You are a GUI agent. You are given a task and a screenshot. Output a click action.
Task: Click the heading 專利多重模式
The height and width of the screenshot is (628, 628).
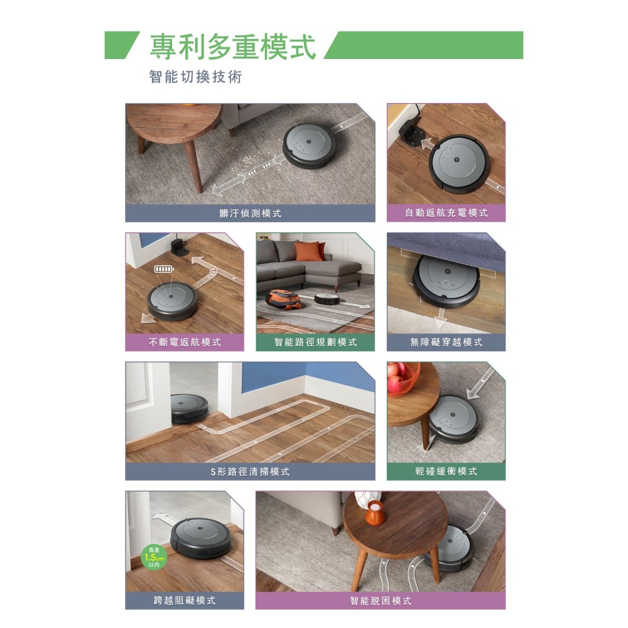pyautogui.click(x=233, y=46)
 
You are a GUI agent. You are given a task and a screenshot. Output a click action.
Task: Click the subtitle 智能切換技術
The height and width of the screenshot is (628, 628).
pyautogui.click(x=195, y=77)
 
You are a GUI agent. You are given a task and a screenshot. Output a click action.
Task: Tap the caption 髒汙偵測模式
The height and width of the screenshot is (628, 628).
pyautogui.click(x=251, y=213)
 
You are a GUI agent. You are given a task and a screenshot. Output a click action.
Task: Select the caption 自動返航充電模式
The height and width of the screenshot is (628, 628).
pyautogui.click(x=446, y=213)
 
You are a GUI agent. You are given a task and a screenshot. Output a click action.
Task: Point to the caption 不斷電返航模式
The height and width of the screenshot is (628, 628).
pyautogui.click(x=185, y=342)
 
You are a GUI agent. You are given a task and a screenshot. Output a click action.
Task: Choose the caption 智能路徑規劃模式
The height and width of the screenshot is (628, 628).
pyautogui.click(x=315, y=342)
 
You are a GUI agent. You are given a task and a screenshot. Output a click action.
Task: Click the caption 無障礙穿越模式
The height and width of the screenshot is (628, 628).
pyautogui.click(x=446, y=342)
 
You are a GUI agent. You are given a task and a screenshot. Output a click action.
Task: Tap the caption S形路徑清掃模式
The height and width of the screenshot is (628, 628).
pyautogui.click(x=250, y=472)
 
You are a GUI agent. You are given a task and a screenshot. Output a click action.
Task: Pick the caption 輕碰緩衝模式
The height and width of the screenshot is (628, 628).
pyautogui.click(x=446, y=472)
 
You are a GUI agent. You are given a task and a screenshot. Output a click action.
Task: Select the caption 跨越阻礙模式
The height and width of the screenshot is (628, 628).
pyautogui.click(x=185, y=600)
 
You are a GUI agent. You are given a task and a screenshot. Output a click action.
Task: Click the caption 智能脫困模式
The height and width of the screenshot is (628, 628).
pyautogui.click(x=381, y=601)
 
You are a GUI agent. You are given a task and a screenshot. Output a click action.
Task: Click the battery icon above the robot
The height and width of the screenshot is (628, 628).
pyautogui.click(x=165, y=269)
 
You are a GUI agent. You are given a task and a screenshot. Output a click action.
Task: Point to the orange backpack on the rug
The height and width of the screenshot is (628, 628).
pyautogui.click(x=284, y=299)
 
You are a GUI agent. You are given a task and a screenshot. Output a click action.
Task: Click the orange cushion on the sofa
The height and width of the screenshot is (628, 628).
pyautogui.click(x=310, y=251)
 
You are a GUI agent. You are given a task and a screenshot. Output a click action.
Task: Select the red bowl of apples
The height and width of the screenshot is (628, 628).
pyautogui.click(x=403, y=378)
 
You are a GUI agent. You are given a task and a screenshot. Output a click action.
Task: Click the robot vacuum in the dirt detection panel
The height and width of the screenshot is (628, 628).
pyautogui.click(x=310, y=144)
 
